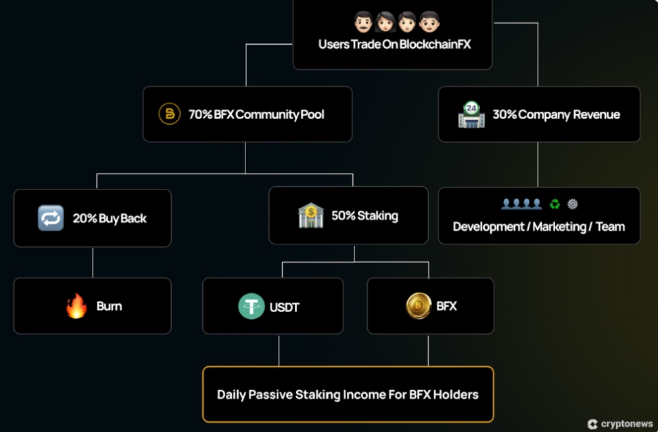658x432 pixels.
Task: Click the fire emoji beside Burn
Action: click(x=76, y=306)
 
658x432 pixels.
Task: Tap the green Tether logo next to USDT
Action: click(x=252, y=307)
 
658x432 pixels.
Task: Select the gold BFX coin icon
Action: click(x=419, y=306)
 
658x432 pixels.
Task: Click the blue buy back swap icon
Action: click(x=51, y=218)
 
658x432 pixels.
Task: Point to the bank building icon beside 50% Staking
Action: click(x=311, y=215)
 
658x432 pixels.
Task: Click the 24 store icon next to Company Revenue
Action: click(x=471, y=114)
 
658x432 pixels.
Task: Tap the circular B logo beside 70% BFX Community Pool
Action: click(x=169, y=114)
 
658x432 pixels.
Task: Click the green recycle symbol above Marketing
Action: click(x=555, y=204)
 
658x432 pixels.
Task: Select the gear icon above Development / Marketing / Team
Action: click(x=573, y=204)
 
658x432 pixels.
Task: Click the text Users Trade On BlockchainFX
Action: click(x=394, y=45)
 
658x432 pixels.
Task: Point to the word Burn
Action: click(x=109, y=306)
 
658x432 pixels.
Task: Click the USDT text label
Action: click(x=284, y=307)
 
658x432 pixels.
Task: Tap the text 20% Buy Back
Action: click(x=110, y=218)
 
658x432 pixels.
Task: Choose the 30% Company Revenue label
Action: click(x=556, y=114)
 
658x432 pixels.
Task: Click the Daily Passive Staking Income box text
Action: click(x=348, y=394)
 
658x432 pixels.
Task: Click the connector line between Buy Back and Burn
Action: click(x=93, y=262)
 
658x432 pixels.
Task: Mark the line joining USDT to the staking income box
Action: click(x=279, y=350)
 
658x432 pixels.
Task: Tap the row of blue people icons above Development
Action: click(x=521, y=204)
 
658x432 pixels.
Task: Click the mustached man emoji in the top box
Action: click(x=364, y=23)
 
